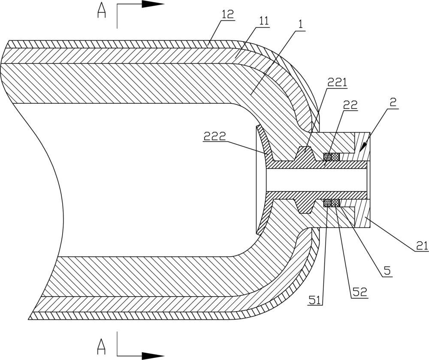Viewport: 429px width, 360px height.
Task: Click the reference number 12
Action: [228, 15]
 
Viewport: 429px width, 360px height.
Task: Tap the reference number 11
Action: [263, 21]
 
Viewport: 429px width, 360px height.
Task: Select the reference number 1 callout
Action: [300, 25]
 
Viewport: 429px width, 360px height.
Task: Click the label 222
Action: [214, 136]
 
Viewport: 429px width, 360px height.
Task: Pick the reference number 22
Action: [350, 105]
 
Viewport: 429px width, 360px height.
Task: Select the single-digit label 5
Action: [387, 270]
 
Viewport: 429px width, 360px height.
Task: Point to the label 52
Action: [360, 292]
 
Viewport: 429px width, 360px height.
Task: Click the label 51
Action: [315, 300]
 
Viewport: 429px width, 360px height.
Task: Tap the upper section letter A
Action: [102, 11]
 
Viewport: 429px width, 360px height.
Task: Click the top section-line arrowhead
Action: [153, 4]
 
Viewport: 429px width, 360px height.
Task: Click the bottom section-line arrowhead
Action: [153, 356]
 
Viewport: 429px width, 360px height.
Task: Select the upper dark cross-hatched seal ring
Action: [332, 156]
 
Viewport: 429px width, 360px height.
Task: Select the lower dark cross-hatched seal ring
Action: [332, 203]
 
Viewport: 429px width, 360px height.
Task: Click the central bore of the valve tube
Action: [316, 180]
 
